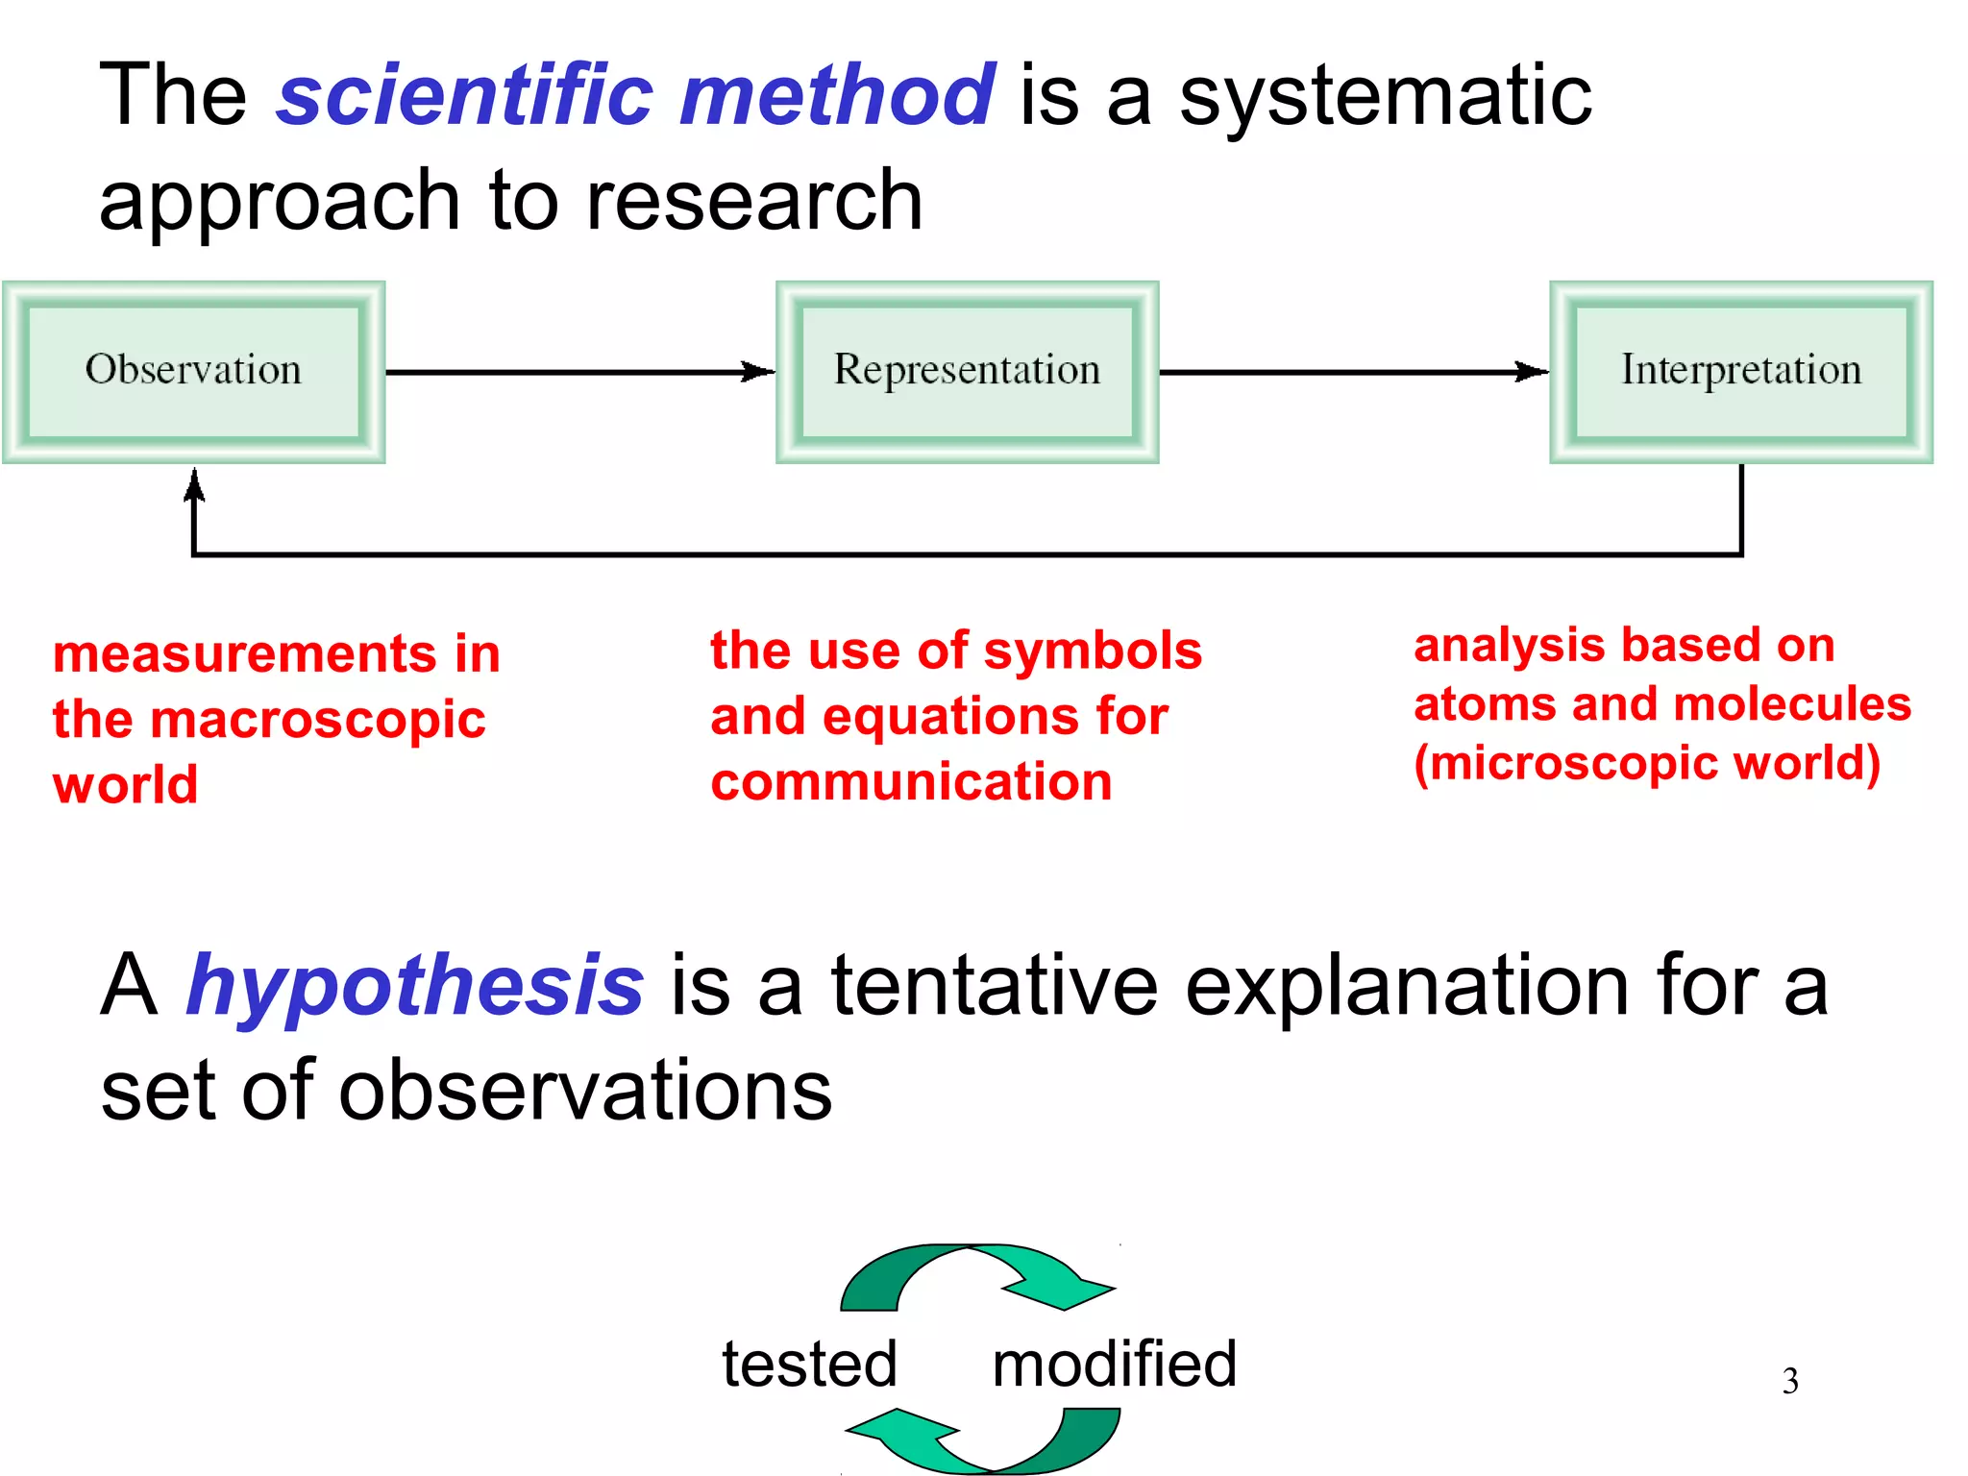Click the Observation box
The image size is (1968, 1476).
tap(193, 372)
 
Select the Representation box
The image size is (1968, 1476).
tap(967, 372)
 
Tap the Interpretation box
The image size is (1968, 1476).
tap(1741, 372)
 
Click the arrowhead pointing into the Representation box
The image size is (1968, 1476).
tap(759, 372)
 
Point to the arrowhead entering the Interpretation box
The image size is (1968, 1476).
tap(1533, 372)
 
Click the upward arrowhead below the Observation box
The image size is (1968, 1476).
tap(194, 484)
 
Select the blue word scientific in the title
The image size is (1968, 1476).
tap(465, 95)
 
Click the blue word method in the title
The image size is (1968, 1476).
tap(836, 95)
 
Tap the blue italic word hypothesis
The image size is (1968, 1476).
tap(414, 987)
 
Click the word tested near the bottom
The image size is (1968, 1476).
tap(809, 1365)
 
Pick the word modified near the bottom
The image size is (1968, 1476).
tap(1114, 1365)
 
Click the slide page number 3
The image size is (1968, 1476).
tap(1789, 1382)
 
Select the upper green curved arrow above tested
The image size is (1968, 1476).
tap(975, 1276)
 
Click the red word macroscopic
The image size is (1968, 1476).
tap(323, 721)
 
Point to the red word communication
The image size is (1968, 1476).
tap(911, 781)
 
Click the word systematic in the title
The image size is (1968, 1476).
tap(1385, 95)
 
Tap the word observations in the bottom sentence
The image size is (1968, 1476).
tap(584, 1092)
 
